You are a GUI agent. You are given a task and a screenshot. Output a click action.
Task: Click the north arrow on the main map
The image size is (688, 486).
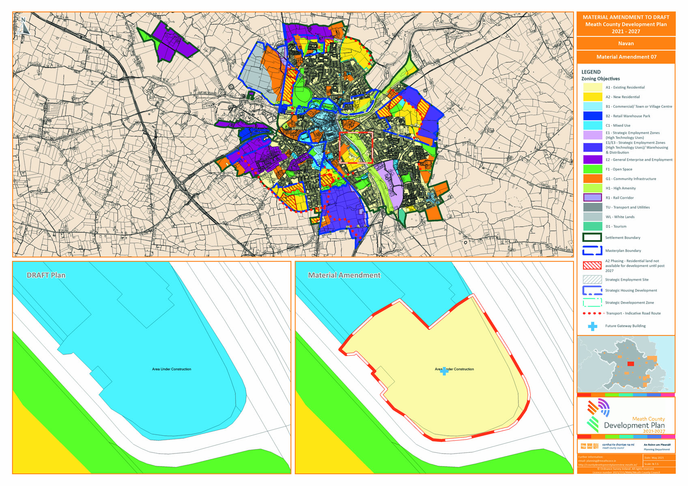[x=24, y=26]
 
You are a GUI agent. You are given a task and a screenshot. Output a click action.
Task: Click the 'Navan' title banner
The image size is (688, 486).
[x=626, y=43]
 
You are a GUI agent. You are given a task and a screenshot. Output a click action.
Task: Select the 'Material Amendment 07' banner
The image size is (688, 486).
[x=626, y=57]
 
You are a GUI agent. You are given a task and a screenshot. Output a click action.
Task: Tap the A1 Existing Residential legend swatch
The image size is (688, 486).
[x=592, y=87]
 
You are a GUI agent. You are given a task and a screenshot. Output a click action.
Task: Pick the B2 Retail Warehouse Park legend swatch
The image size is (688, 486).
[x=592, y=116]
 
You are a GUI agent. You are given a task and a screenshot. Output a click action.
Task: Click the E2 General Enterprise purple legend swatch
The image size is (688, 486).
[x=592, y=160]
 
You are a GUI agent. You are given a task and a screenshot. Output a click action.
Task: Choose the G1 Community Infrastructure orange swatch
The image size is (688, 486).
[x=592, y=179]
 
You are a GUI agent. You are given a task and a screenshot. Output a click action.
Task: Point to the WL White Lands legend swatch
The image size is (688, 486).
[x=592, y=217]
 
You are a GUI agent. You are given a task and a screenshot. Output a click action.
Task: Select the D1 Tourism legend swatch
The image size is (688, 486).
[x=592, y=226]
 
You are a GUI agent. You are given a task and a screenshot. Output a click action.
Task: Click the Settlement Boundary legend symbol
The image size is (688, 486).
[x=592, y=238]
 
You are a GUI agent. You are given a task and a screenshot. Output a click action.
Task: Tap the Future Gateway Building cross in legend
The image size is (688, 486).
[x=592, y=326]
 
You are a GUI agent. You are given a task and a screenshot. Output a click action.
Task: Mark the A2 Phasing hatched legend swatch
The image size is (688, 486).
[x=592, y=266]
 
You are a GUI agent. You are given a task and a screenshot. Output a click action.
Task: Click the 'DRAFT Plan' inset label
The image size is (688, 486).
[x=46, y=275]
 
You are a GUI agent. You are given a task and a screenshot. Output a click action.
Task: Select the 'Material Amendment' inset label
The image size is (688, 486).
[x=344, y=275]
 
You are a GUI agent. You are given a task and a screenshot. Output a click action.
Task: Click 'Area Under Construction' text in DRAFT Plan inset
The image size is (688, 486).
[x=171, y=369]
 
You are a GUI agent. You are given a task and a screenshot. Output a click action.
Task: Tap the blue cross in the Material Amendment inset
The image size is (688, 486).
[x=444, y=371]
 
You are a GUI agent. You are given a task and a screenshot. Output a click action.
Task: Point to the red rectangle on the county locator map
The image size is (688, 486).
[x=630, y=364]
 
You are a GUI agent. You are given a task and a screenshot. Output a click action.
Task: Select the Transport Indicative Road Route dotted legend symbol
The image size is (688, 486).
[x=592, y=313]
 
